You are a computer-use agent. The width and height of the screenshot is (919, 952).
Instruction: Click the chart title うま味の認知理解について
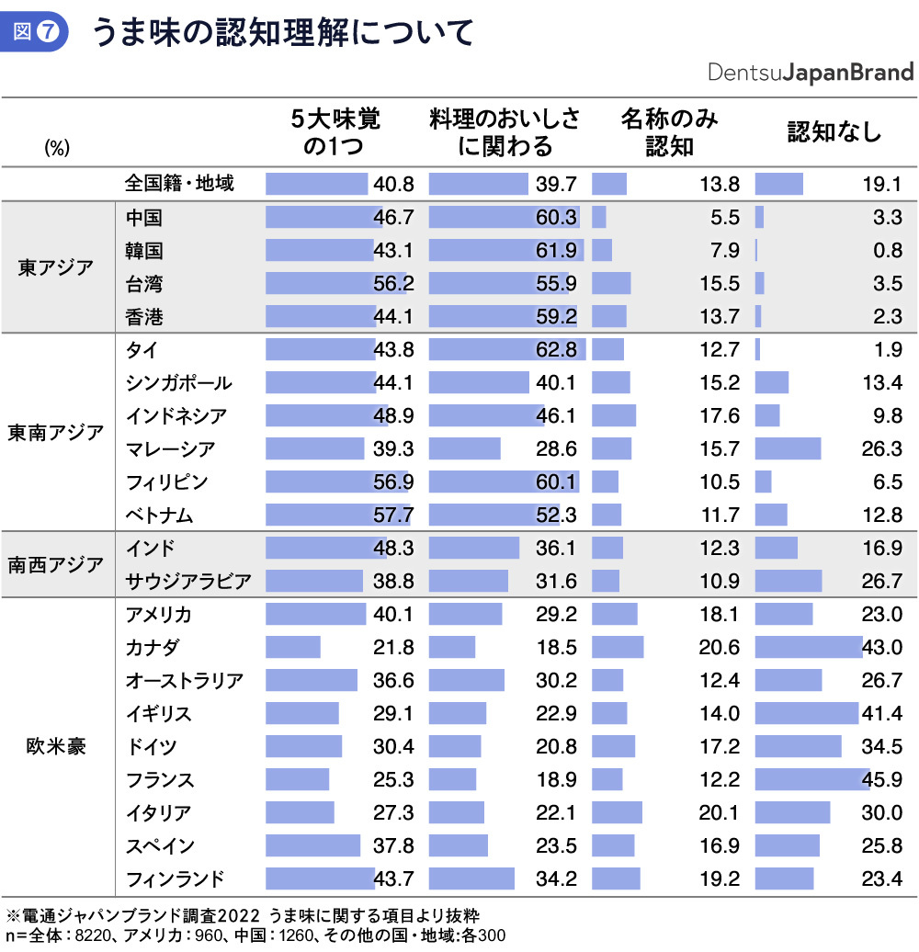click(x=281, y=33)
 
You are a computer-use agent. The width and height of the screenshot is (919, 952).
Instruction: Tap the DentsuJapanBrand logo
click(x=811, y=73)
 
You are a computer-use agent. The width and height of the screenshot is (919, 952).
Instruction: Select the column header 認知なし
click(x=834, y=131)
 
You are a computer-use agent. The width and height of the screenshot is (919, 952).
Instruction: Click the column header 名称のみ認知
click(x=669, y=131)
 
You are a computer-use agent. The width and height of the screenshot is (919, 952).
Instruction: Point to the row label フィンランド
click(x=175, y=878)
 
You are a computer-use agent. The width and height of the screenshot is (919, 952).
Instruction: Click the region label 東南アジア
click(x=56, y=433)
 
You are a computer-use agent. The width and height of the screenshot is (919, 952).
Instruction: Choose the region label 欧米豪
click(x=56, y=745)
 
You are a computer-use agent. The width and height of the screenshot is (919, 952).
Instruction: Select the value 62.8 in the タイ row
click(x=557, y=349)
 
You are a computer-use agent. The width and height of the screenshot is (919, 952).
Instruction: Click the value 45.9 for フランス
click(x=883, y=779)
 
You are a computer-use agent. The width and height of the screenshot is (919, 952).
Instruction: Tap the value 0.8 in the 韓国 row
click(x=888, y=250)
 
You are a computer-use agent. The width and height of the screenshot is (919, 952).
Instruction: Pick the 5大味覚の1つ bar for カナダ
click(x=293, y=647)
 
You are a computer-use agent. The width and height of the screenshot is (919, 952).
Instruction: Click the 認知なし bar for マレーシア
click(x=788, y=448)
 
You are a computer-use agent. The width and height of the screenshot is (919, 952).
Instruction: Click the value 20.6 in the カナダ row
click(x=720, y=647)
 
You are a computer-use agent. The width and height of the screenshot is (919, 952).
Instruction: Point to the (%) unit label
click(x=57, y=147)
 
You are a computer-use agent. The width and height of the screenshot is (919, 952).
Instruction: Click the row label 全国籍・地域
click(x=179, y=183)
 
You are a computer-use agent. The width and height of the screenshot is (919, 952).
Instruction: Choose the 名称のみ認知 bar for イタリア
click(x=617, y=812)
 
